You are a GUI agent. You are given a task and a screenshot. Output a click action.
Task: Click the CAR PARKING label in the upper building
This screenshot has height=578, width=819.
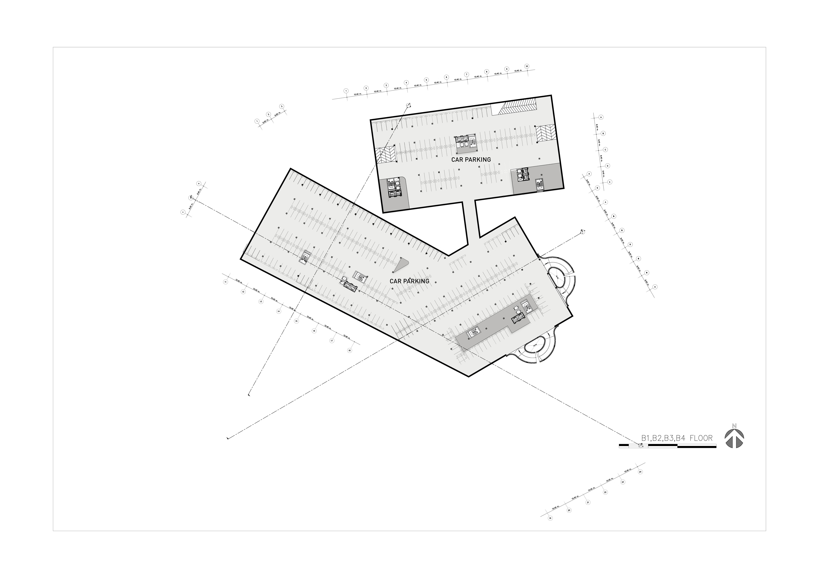pyautogui.click(x=471, y=160)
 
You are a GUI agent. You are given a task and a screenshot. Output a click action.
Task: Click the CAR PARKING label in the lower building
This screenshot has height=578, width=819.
pyautogui.click(x=409, y=281)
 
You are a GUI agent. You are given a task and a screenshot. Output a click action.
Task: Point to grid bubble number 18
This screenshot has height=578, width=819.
pyautogui.click(x=349, y=351)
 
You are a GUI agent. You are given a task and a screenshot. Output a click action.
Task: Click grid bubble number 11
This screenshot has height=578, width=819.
pyautogui.click(x=225, y=282)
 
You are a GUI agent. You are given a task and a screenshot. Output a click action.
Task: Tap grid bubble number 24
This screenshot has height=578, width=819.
pyautogui.click(x=640, y=472)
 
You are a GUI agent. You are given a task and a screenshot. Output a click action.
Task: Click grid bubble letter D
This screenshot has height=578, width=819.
pyautogui.click(x=607, y=166)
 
